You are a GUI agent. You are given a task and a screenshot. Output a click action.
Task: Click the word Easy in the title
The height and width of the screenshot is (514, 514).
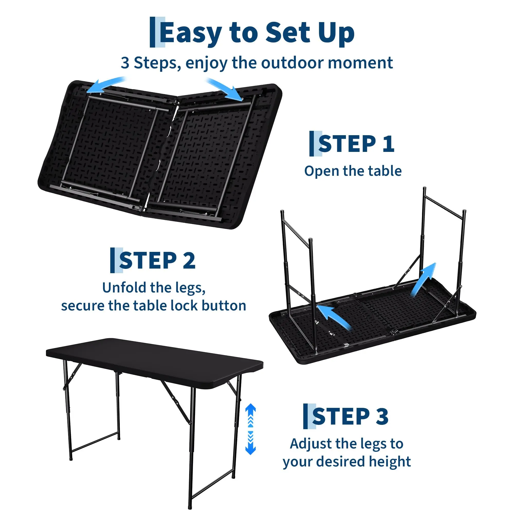point(191,33)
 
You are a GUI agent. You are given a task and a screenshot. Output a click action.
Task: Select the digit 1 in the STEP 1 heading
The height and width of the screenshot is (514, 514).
point(388,144)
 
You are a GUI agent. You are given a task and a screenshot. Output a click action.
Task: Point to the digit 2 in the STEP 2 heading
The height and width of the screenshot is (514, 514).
point(189,260)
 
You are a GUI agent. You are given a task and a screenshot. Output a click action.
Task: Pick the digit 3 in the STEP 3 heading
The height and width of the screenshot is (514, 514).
point(382,416)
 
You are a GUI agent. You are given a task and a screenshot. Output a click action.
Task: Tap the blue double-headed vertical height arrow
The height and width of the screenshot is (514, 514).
point(250,429)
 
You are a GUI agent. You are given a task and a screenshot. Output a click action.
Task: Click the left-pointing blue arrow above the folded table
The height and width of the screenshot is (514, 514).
point(106,85)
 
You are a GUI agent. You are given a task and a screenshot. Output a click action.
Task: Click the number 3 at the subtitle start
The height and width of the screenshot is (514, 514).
point(125,63)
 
